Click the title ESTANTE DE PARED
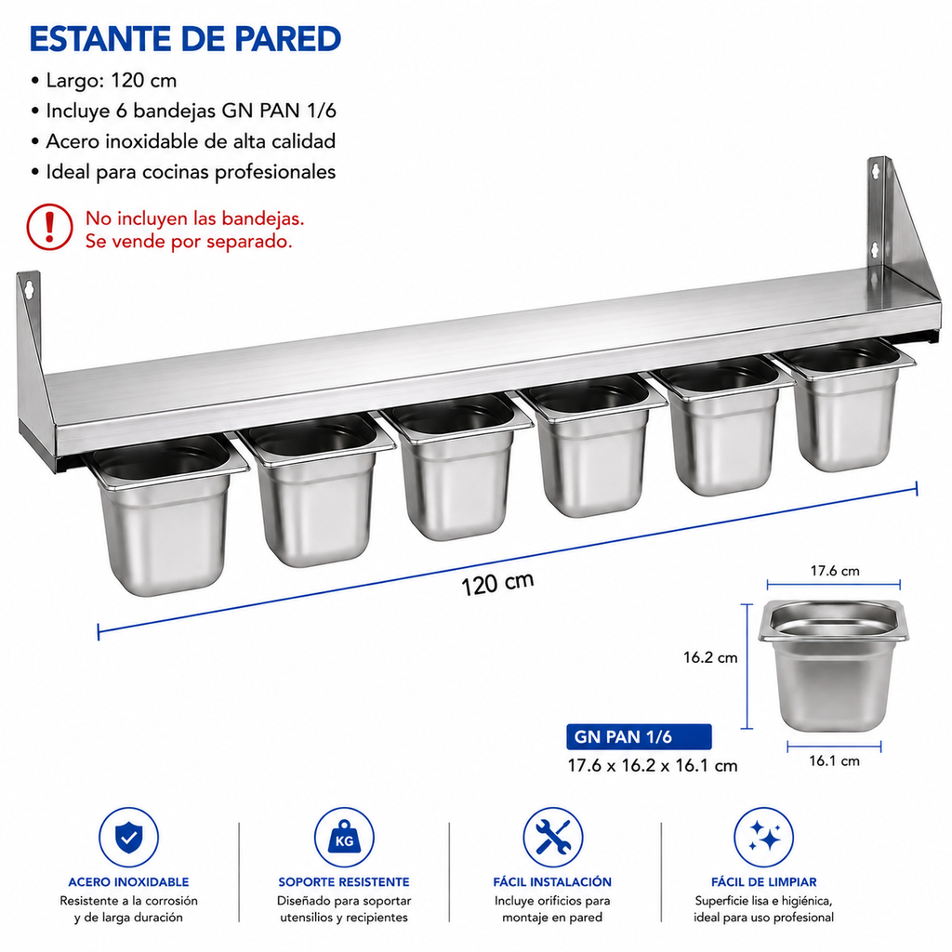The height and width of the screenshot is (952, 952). click(185, 39)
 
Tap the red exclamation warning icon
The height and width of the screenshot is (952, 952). click(50, 227)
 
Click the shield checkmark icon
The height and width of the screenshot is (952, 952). click(128, 838)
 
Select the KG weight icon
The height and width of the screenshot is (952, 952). click(344, 838)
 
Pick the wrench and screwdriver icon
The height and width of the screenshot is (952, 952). click(552, 838)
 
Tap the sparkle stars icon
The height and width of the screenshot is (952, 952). click(764, 838)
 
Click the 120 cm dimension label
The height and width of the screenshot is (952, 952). click(498, 584)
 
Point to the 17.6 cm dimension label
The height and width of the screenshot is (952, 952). click(835, 571)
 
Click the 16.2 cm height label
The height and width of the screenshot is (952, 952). click(710, 657)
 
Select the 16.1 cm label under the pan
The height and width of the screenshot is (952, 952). click(834, 760)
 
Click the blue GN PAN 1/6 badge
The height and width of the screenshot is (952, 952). click(639, 737)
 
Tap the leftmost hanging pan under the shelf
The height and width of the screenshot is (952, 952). click(165, 513)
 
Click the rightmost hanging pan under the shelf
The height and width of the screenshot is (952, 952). click(845, 403)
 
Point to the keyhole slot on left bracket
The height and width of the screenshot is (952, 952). click(29, 290)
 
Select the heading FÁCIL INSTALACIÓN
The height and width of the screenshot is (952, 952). click(552, 882)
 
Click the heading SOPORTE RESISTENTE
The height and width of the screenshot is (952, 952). click(344, 882)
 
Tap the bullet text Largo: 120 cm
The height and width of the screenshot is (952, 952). click(112, 81)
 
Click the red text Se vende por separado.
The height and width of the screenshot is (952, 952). click(189, 242)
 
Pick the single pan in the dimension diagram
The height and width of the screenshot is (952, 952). click(834, 666)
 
